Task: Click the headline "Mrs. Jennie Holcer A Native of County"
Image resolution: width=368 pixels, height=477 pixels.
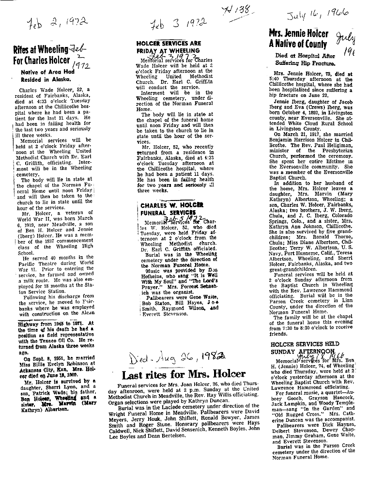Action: click(x=298, y=38)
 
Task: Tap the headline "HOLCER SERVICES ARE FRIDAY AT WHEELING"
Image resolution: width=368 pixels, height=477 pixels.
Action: click(x=168, y=47)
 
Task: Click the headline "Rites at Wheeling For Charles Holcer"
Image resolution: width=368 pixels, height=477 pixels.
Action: click(x=43, y=55)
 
